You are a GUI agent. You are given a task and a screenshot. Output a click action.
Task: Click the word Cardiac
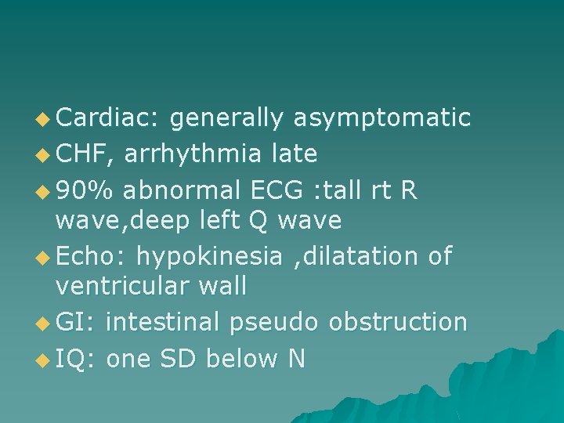pos(107,117)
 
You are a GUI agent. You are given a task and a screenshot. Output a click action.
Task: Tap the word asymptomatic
pos(381,119)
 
